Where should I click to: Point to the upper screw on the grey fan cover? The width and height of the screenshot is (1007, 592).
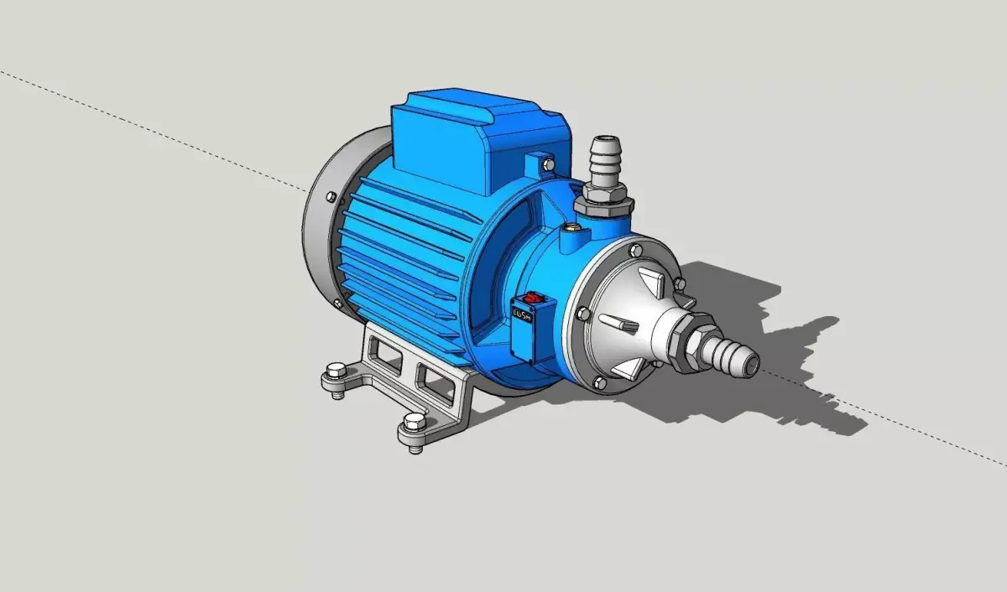[x=331, y=198]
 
